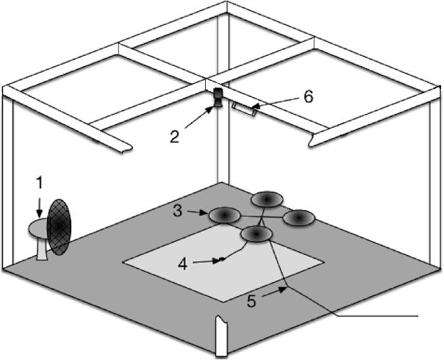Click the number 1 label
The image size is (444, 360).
point(40,182)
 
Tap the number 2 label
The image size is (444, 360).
point(175,137)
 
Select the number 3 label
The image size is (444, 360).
point(178,211)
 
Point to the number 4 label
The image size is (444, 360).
point(182,264)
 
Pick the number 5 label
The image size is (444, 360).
point(251,300)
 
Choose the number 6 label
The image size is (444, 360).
point(308,96)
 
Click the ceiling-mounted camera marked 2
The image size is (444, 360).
point(218,98)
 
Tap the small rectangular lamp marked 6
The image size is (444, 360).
point(244,109)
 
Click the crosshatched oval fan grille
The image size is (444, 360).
point(59,227)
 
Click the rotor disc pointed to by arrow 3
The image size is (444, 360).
point(224,216)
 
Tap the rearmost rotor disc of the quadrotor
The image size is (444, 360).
point(267,200)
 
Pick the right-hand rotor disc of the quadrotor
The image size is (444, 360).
point(299,218)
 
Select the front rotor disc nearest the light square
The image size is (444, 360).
point(257,234)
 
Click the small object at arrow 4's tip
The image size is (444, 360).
point(222,259)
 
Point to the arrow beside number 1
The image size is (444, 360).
point(40,207)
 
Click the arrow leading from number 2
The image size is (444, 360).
point(198,117)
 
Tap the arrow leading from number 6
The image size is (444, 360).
point(274,102)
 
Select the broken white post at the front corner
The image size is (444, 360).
point(221,336)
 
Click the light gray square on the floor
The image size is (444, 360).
point(223,263)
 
